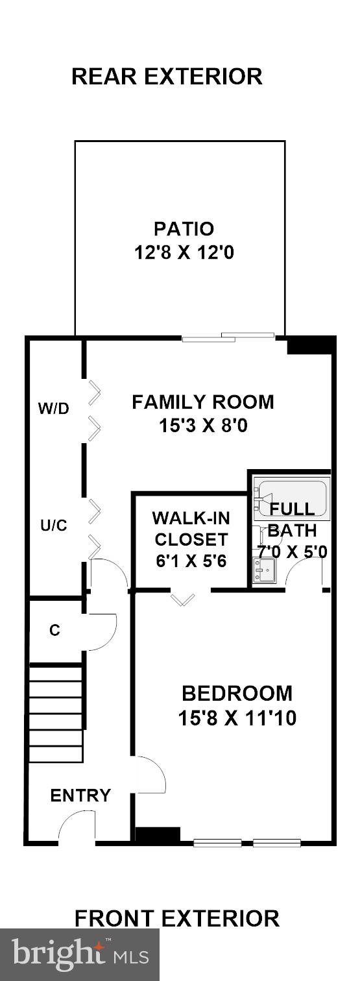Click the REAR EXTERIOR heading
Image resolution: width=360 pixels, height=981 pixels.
pyautogui.click(x=167, y=77)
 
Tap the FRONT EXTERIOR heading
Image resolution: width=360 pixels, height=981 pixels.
pyautogui.click(x=176, y=918)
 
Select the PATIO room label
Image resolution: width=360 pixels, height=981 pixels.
pyautogui.click(x=184, y=229)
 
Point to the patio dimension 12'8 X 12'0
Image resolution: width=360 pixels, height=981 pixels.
pyautogui.click(x=184, y=252)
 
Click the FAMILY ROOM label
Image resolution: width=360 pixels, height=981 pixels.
pyautogui.click(x=203, y=402)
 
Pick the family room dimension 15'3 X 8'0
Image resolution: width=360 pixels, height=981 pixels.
pyautogui.click(x=203, y=426)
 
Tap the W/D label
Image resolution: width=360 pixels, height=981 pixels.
pyautogui.click(x=53, y=409)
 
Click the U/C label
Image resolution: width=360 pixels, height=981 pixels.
pyautogui.click(x=53, y=526)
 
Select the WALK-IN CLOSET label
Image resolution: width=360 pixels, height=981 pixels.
pyautogui.click(x=190, y=529)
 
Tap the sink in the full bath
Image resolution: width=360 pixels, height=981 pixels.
pyautogui.click(x=265, y=571)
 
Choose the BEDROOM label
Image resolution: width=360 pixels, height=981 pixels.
pyautogui.click(x=237, y=694)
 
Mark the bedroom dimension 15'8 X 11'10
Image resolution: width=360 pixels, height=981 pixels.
pyautogui.click(x=237, y=718)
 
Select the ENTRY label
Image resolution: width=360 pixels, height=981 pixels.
pyautogui.click(x=80, y=795)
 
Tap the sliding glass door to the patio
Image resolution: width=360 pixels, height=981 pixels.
pyautogui.click(x=228, y=337)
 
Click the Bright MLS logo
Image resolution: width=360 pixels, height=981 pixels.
pyautogui.click(x=80, y=954)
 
